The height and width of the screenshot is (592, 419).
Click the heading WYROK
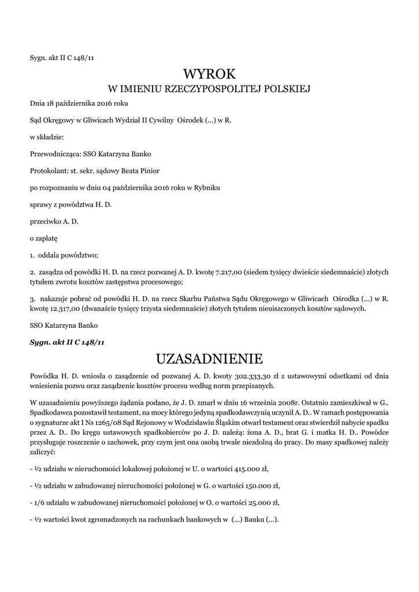(x=209, y=74)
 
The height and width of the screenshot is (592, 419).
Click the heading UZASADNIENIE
(x=209, y=359)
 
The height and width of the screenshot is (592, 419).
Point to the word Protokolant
(x=49, y=171)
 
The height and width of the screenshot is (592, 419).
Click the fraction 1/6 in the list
(x=40, y=502)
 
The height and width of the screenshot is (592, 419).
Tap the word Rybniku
(x=206, y=187)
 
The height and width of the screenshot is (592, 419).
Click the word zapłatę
(x=47, y=238)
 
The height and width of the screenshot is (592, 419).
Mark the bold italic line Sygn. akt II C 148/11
(x=67, y=342)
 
